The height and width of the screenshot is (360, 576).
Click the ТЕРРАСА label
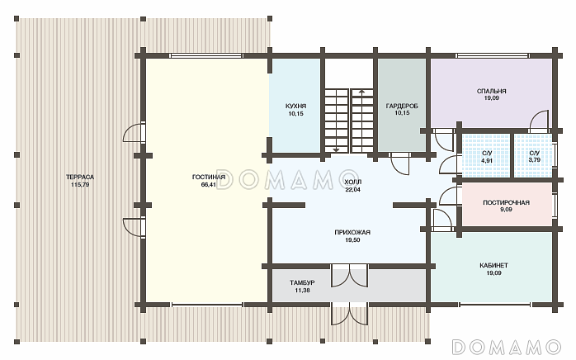[x=80, y=177]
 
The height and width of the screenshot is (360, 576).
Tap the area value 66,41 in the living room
[x=208, y=185]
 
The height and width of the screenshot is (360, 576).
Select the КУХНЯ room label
[x=295, y=107]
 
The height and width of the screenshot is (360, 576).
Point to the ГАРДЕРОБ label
[x=402, y=107]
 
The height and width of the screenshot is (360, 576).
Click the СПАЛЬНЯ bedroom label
[x=491, y=91]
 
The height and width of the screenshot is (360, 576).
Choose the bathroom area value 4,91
[x=486, y=160]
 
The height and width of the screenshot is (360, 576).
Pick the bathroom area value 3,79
[x=534, y=160]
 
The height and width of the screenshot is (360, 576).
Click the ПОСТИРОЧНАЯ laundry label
[x=506, y=202]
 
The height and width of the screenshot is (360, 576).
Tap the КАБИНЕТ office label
[x=493, y=265]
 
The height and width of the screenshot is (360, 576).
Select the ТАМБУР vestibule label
[x=302, y=282]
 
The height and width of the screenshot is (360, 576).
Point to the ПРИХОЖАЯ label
[x=352, y=232]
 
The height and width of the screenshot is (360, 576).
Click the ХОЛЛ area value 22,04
[x=352, y=190]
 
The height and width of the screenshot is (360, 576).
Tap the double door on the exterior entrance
[x=349, y=314]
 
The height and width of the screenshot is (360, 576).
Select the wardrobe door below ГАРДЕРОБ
[x=399, y=164]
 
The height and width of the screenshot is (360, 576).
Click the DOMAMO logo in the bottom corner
[x=507, y=347]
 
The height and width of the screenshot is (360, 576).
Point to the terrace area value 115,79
[x=80, y=185]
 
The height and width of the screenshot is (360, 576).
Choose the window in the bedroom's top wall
[x=493, y=56]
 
